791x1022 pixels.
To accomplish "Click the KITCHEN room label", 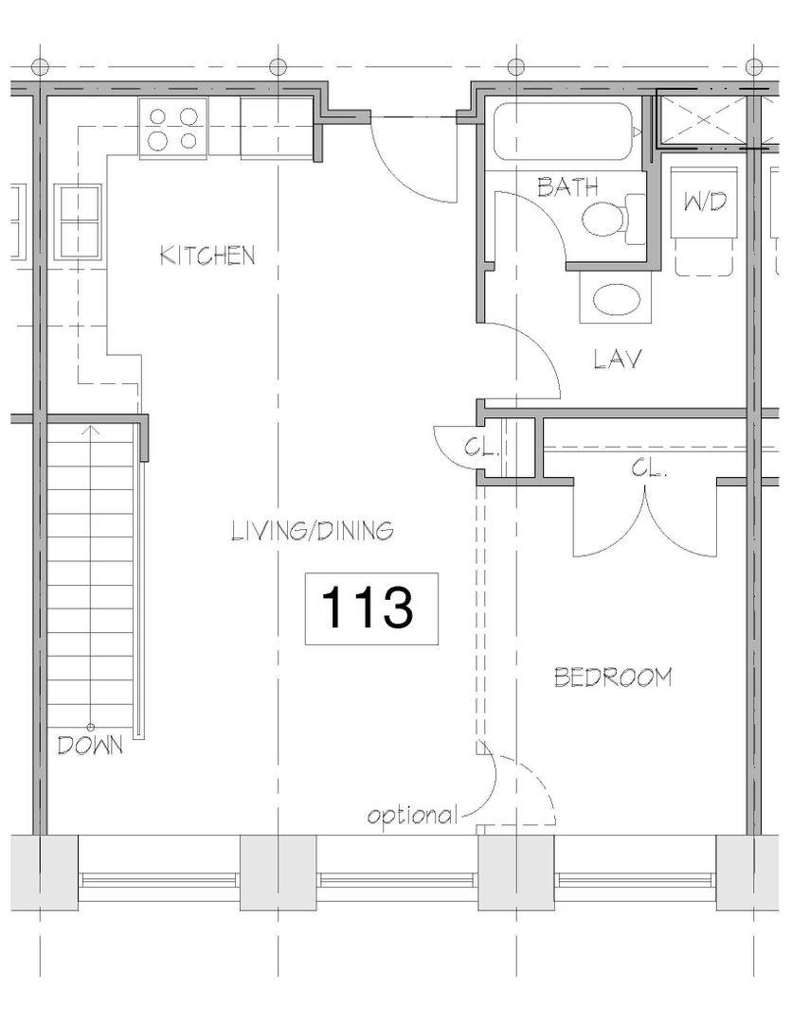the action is [x=207, y=255].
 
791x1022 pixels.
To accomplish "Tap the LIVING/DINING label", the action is [x=314, y=531].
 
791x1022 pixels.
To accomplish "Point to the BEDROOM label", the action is [x=613, y=678].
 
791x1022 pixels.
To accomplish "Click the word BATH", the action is [x=567, y=187].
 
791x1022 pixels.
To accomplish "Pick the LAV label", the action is [x=618, y=359].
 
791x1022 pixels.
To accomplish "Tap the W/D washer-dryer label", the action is [x=705, y=203].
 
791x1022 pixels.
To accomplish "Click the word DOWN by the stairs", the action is [x=90, y=745].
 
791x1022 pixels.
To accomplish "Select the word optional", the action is [x=412, y=816].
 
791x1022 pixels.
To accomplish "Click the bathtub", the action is [x=564, y=132].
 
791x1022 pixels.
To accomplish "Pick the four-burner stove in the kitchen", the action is [x=173, y=128].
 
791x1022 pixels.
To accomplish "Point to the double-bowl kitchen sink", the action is [x=81, y=221].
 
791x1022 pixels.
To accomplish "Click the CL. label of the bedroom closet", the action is [x=649, y=467].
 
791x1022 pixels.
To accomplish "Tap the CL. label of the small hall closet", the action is [x=481, y=449].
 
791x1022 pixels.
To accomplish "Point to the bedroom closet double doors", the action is [x=645, y=521].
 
